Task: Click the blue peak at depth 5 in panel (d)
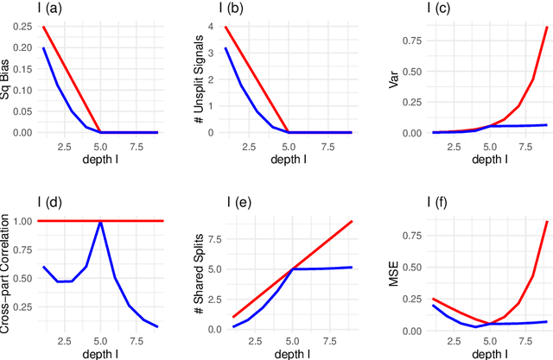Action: pos(100,222)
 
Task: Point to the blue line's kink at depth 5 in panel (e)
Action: pos(288,269)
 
